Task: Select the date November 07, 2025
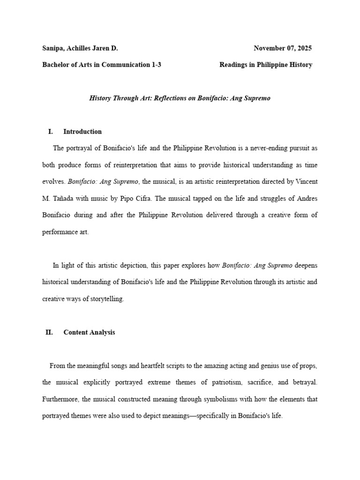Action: click(283, 48)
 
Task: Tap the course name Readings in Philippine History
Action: click(266, 65)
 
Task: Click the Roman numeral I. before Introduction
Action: click(50, 132)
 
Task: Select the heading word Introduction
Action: click(82, 132)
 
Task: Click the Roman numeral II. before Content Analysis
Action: click(49, 332)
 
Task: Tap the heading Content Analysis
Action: click(89, 332)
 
